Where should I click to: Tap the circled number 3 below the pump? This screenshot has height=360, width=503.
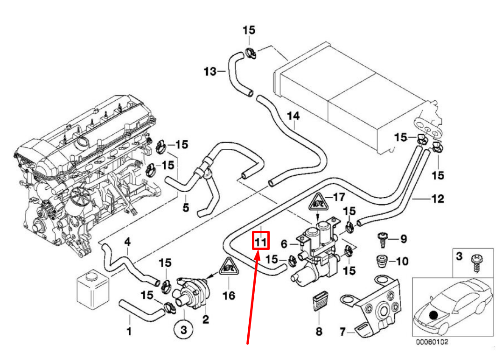pos(183,330)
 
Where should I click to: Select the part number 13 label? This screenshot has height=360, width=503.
pos(210,71)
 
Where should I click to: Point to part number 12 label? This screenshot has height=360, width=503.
pos(438,199)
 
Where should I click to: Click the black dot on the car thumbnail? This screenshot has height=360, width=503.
pos(434,315)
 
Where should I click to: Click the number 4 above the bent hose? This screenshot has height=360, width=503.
pos(127,242)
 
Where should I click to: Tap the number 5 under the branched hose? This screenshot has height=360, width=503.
pos(186,207)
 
